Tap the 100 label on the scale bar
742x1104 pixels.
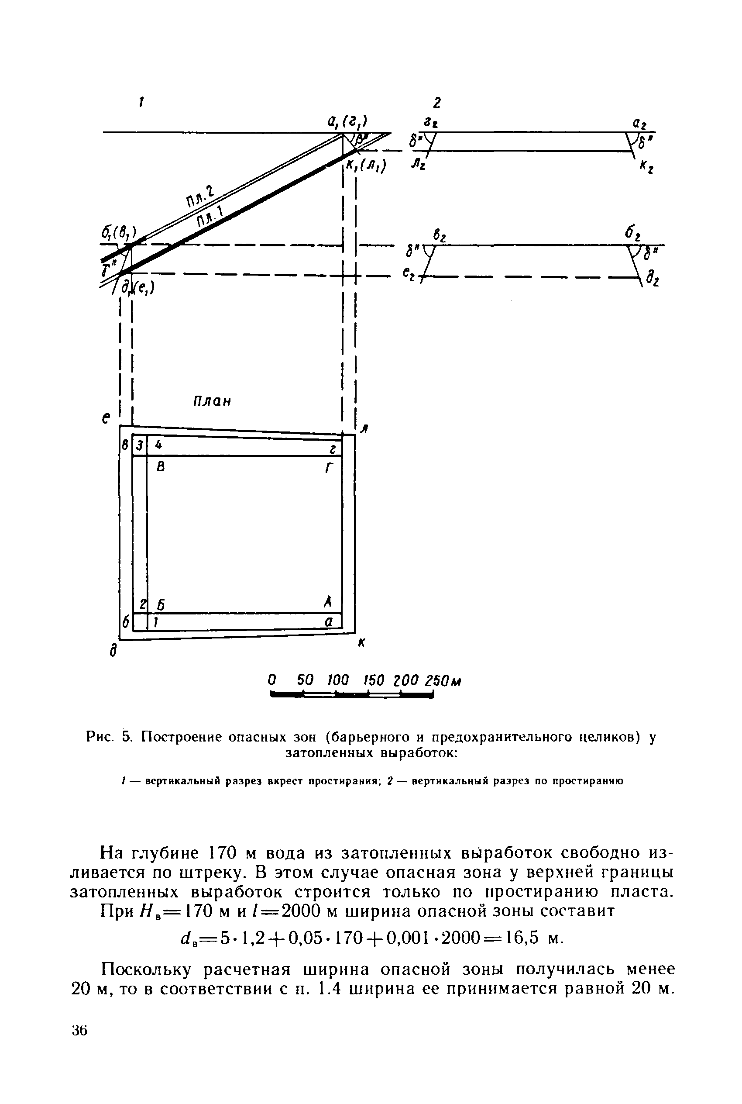tap(338, 681)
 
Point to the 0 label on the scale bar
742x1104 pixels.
tap(271, 681)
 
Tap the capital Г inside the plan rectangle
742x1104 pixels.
tap(330, 468)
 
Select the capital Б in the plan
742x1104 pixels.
tap(161, 605)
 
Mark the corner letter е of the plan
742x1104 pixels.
tap(106, 418)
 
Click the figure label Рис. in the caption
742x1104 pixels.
tap(100, 737)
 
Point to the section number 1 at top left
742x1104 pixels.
tap(141, 101)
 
